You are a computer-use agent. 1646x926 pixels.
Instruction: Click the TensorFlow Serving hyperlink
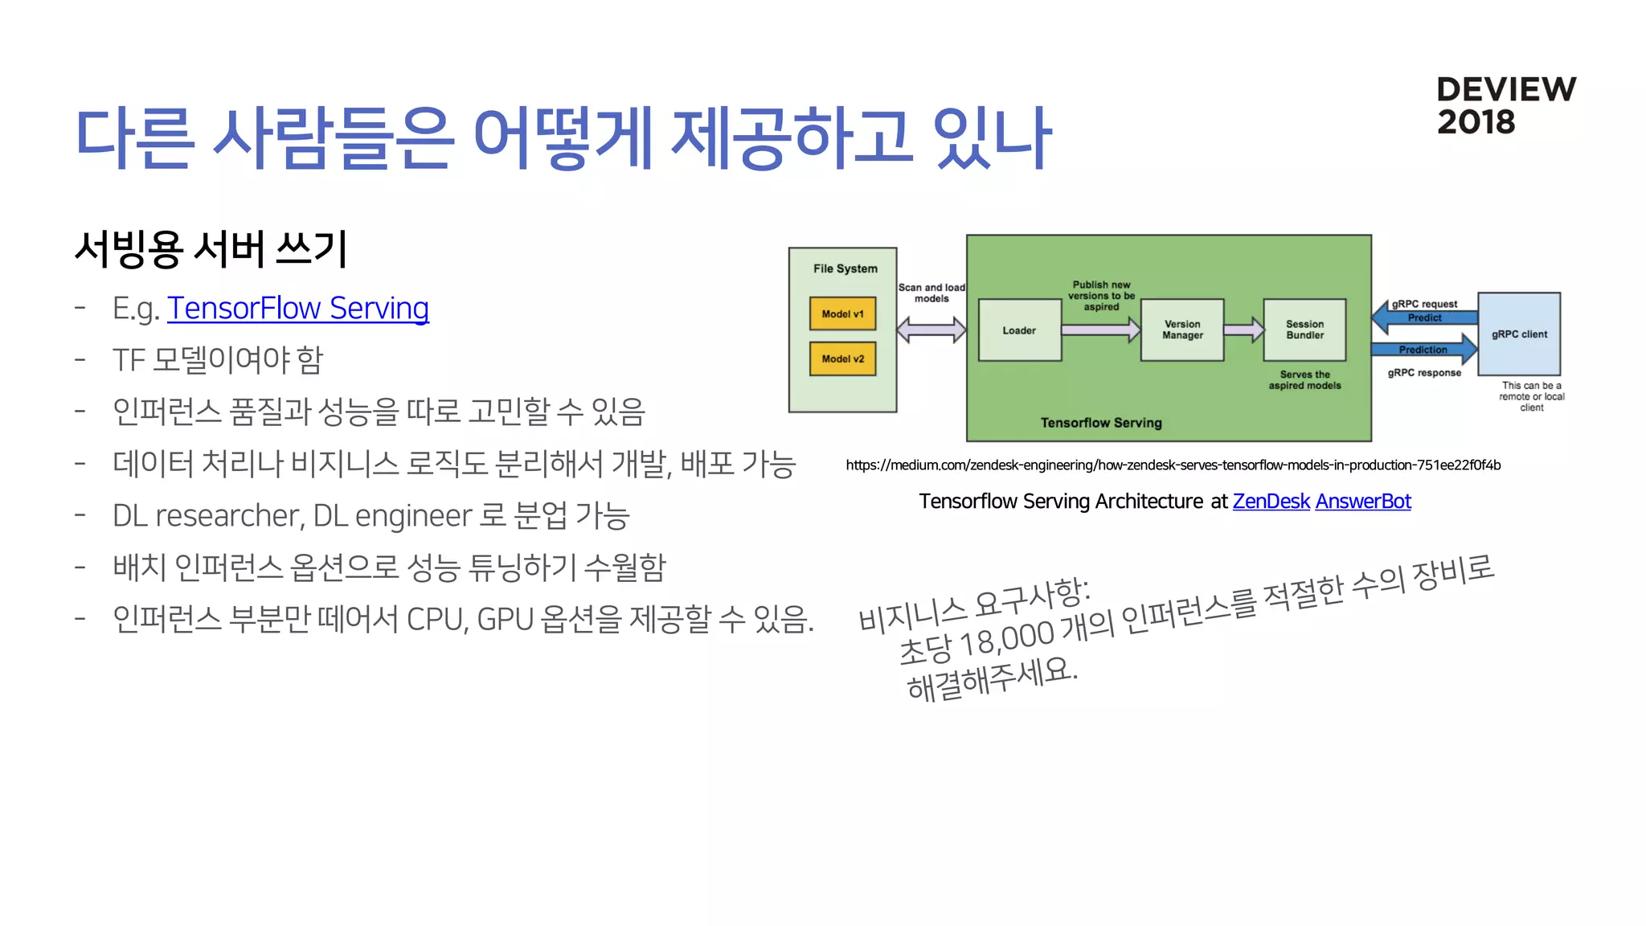click(x=297, y=309)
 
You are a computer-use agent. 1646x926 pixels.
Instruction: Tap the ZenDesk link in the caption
click(x=1271, y=502)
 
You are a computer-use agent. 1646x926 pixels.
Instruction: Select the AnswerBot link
click(x=1362, y=502)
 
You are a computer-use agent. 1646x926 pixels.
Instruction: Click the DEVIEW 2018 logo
click(x=1505, y=105)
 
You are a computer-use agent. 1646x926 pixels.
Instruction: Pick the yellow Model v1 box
click(x=842, y=314)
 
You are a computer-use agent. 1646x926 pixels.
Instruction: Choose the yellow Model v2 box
click(x=842, y=359)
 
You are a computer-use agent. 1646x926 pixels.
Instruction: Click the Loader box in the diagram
click(x=1019, y=330)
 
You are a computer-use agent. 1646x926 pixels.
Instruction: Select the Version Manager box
click(x=1182, y=330)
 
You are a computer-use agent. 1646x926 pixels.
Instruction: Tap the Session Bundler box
click(x=1304, y=330)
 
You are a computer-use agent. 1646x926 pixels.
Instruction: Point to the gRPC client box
click(x=1519, y=334)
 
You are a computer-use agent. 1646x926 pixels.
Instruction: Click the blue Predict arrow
click(x=1423, y=318)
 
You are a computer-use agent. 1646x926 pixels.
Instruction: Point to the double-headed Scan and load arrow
click(x=931, y=330)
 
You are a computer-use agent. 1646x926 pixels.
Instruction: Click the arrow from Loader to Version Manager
click(x=1100, y=330)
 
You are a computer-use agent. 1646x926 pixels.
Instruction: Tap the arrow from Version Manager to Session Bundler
click(x=1243, y=330)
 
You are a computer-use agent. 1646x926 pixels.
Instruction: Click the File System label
click(x=845, y=268)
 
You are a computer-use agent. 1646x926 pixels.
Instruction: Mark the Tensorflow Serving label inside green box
click(x=1101, y=423)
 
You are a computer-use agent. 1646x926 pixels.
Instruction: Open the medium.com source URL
click(x=1173, y=465)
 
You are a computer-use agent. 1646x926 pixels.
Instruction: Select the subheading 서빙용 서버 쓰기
click(x=211, y=249)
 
